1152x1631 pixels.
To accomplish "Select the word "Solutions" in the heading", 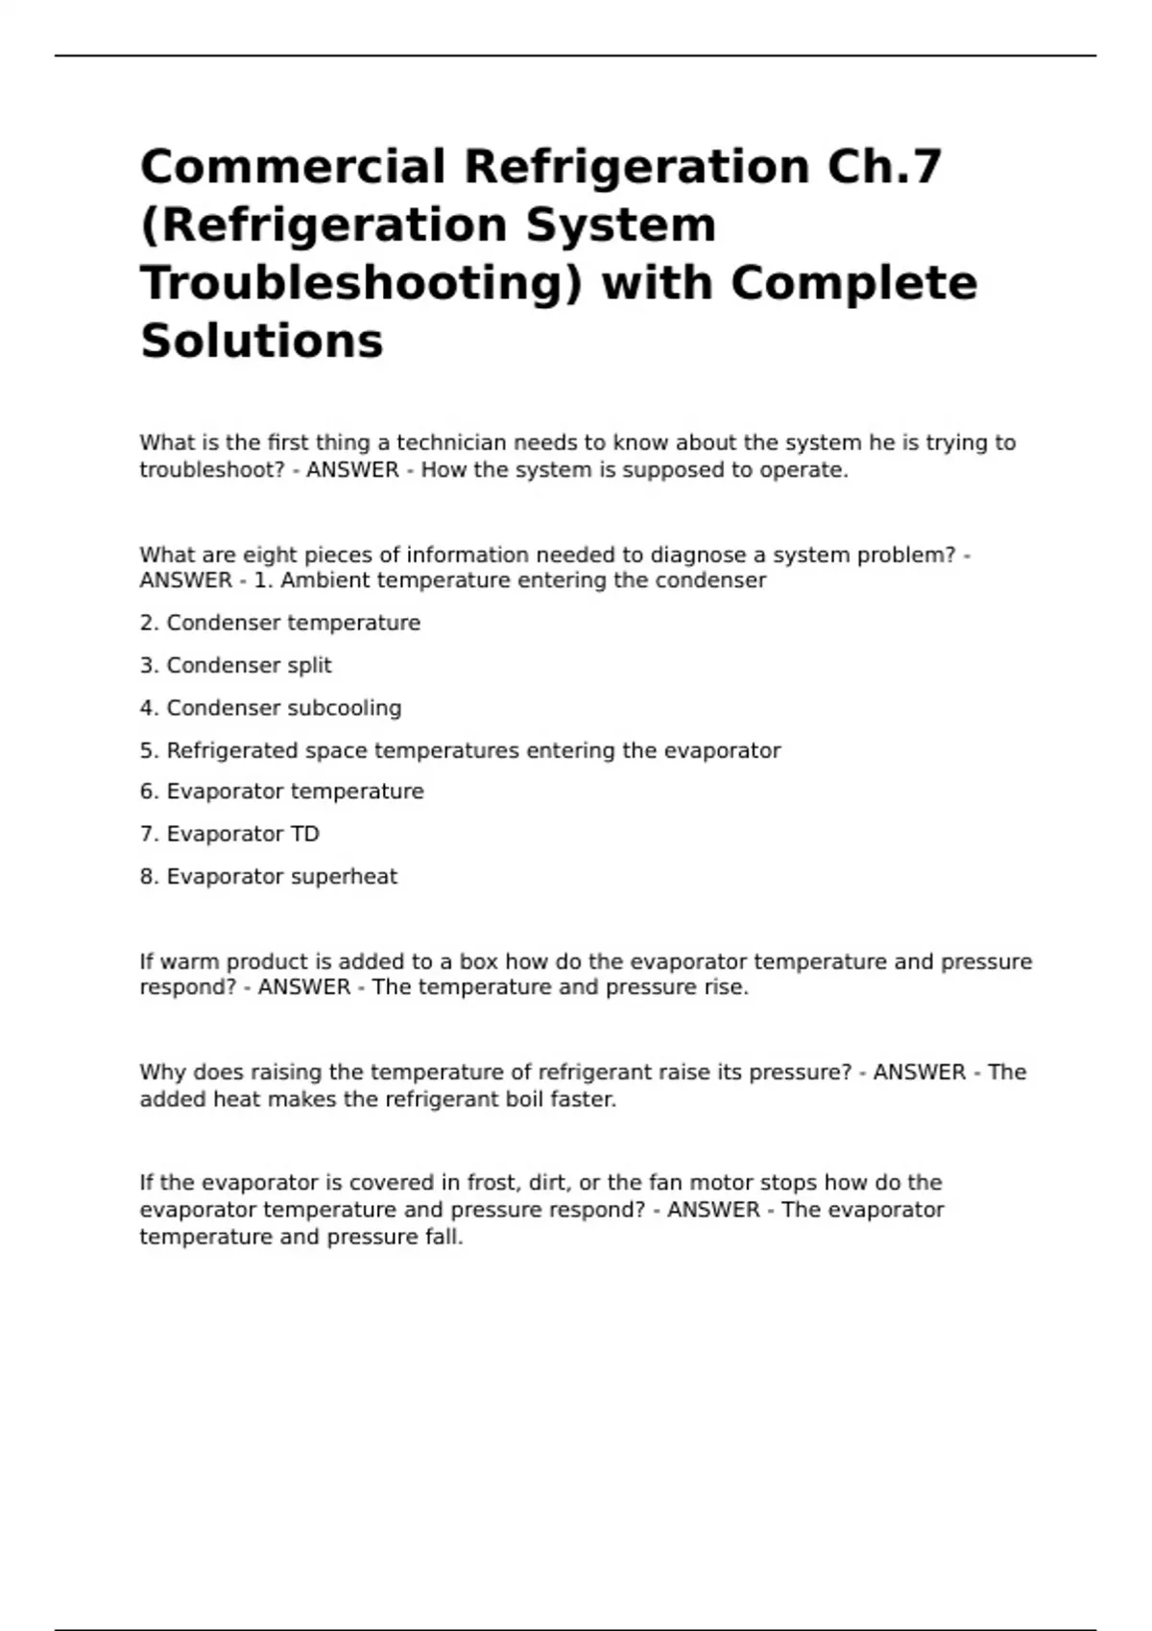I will point(262,341).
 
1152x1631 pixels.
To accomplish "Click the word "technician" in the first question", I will point(451,443).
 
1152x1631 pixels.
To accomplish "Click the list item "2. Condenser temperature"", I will point(280,624).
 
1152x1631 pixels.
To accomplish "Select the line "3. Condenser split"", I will point(236,666).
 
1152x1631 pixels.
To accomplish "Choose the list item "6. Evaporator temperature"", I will point(282,792).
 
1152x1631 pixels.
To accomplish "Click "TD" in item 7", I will point(304,835).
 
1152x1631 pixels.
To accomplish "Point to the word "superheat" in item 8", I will point(349,877).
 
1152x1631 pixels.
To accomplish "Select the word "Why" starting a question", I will point(159,1073).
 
